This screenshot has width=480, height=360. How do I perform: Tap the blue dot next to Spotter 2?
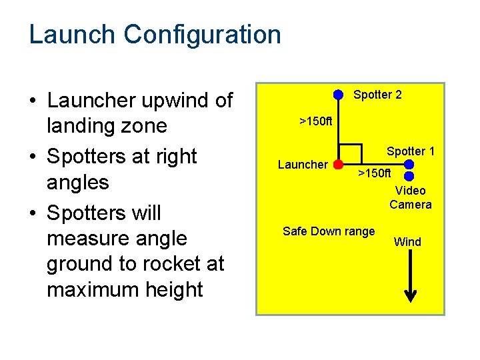point(339,94)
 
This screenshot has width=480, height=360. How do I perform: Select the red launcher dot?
point(338,163)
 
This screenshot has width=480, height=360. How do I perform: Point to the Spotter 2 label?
point(377,95)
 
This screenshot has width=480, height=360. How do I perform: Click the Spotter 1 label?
point(411,151)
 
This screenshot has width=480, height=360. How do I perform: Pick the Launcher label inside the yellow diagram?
point(303,165)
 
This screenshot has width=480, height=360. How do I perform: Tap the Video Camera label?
point(411,198)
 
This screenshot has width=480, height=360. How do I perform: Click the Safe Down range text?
point(329,231)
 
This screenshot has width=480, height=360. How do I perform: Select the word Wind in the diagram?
point(407,242)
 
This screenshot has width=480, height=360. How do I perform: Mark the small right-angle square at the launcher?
point(351,153)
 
